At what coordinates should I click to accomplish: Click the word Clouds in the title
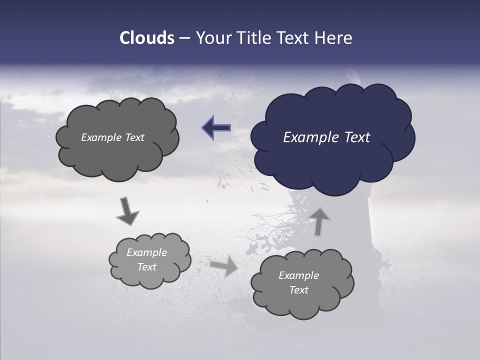pos(146,38)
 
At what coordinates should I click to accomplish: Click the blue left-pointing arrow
pos(216,128)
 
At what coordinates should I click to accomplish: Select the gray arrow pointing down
pos(127,210)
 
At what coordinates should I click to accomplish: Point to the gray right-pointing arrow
pos(223,265)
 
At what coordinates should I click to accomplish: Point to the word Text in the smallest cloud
pos(147,267)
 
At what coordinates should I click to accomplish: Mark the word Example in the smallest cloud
pos(147,252)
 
